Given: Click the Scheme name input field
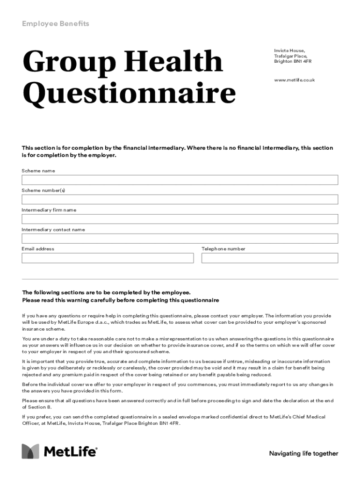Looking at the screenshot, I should (x=180, y=180).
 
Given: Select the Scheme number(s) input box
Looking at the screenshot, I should (x=180, y=200).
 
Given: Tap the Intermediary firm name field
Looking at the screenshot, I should (x=180, y=219).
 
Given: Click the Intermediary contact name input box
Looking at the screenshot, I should (x=180, y=239).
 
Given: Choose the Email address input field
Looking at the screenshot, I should (x=108, y=258).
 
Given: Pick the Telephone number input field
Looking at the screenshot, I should (x=270, y=258).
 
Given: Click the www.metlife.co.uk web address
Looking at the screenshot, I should (x=294, y=80).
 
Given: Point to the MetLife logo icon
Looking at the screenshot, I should (x=30, y=451).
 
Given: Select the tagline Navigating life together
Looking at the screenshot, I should (x=303, y=453).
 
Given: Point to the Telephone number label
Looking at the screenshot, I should (x=223, y=249).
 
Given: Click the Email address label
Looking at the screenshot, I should (x=38, y=249).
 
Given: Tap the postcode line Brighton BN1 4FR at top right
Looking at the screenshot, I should (x=293, y=61).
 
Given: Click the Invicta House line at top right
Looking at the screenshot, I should (x=289, y=50).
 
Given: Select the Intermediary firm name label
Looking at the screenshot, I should (x=49, y=210).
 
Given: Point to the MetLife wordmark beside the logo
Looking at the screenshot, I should (x=71, y=452).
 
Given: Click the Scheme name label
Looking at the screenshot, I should (x=38, y=171).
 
